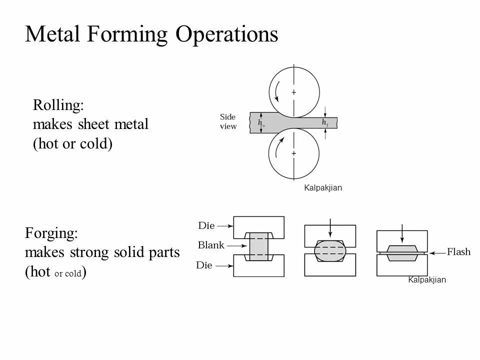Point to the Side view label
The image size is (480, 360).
228,121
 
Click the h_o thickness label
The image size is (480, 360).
261,122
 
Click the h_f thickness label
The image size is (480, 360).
325,122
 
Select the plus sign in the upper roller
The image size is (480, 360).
293,92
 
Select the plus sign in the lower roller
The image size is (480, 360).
293,152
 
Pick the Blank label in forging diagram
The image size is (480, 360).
211,245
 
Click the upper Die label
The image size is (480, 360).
206,226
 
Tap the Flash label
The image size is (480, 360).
458,252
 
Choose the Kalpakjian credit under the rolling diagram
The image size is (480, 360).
322,188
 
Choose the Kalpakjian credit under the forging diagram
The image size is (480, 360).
426,280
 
